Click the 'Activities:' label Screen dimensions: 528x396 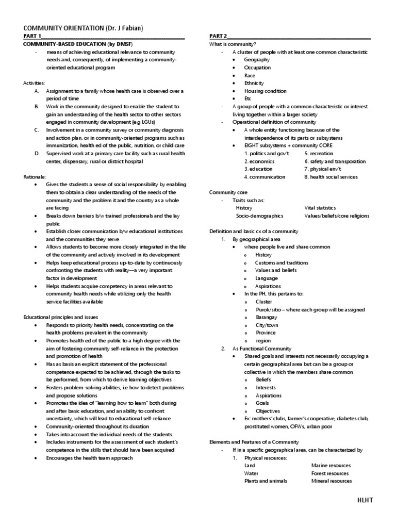34,82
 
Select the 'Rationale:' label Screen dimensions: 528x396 34,176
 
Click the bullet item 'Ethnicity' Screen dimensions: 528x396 254,83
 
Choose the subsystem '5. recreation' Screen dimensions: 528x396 319,154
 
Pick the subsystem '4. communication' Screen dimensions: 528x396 265,177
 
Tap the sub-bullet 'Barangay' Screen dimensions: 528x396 266,317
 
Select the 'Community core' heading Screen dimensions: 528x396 226,192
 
